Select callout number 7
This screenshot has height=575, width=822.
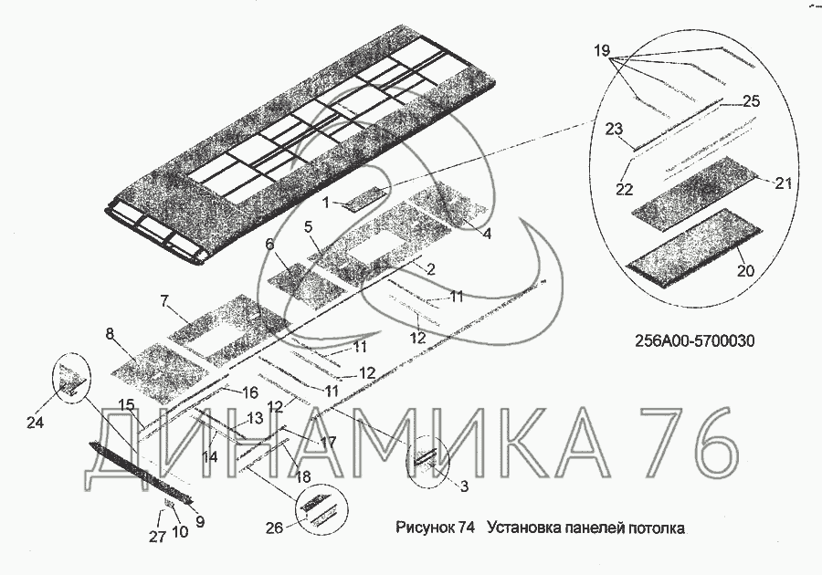[163, 300]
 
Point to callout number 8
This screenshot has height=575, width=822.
[110, 334]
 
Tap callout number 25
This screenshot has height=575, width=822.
[751, 101]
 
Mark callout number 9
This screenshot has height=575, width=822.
[200, 522]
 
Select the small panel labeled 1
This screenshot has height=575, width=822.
[364, 199]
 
